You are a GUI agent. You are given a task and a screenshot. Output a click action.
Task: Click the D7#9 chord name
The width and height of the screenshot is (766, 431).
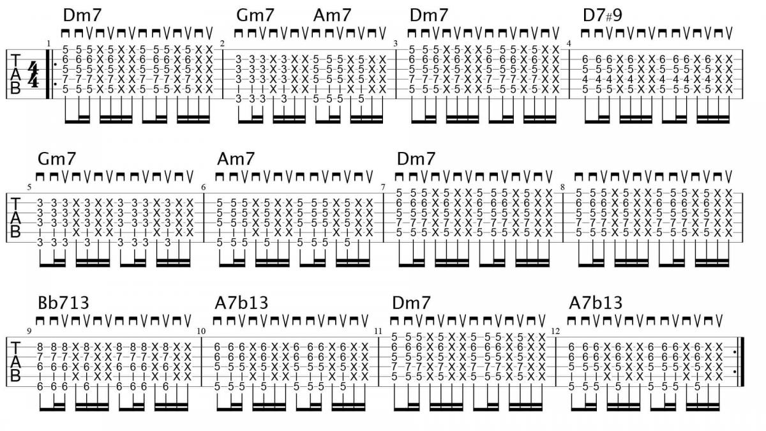(602, 15)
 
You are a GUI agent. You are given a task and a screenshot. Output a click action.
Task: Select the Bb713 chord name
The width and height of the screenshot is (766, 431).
(64, 303)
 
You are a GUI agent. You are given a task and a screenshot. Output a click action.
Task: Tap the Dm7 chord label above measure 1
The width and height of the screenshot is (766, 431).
(82, 15)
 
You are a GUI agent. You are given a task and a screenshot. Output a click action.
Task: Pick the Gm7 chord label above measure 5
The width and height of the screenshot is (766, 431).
(57, 159)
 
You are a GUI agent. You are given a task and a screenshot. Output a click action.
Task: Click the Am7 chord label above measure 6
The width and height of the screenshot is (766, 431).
(236, 159)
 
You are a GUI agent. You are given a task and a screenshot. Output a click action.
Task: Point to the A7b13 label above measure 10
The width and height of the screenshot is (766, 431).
(241, 303)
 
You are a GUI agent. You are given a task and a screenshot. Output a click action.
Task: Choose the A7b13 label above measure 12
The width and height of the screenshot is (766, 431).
(596, 303)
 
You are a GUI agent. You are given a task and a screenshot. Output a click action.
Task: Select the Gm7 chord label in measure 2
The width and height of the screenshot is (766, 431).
(255, 15)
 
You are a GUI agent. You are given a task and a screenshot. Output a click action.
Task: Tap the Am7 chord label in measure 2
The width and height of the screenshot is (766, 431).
(333, 15)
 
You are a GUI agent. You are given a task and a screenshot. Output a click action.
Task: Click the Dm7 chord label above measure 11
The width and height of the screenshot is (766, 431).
(411, 303)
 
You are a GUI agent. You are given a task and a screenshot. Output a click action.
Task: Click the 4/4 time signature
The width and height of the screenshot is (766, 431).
(33, 75)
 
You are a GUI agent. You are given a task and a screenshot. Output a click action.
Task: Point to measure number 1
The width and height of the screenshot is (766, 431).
(49, 43)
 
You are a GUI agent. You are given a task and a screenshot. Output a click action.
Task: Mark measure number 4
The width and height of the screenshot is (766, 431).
(569, 43)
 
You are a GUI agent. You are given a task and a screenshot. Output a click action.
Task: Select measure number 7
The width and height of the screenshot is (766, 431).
(383, 187)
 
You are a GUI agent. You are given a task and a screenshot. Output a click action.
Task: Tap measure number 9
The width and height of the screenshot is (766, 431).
(29, 331)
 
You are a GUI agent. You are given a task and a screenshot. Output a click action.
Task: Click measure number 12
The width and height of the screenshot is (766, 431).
(556, 331)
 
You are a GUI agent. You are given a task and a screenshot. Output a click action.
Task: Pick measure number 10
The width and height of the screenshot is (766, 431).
(201, 331)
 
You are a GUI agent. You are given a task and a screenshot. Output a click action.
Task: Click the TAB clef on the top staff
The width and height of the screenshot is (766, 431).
(15, 74)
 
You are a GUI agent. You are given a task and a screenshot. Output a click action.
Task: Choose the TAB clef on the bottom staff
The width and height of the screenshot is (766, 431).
(15, 362)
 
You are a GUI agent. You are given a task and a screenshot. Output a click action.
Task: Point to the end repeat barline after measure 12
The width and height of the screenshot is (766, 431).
(740, 362)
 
